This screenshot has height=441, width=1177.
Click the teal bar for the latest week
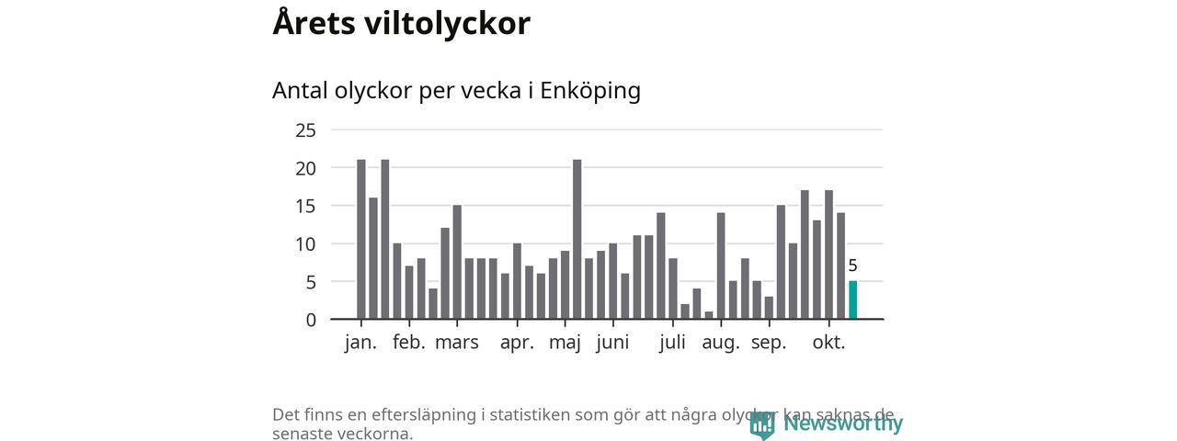tap(852, 300)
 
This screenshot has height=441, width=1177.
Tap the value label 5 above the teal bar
tap(852, 266)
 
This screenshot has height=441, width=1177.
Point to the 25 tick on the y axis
tap(305, 130)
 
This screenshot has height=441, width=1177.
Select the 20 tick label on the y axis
tap(305, 168)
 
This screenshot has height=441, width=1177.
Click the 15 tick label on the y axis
tap(305, 206)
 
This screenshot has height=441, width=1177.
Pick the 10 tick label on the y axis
tap(305, 244)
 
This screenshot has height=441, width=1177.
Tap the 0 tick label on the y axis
tap(311, 320)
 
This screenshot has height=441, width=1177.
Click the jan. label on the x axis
tap(360, 343)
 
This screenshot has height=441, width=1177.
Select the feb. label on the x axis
tap(409, 343)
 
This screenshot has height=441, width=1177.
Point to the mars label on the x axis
tap(457, 343)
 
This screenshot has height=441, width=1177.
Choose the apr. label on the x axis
tap(517, 343)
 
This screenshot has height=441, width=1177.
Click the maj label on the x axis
tap(566, 343)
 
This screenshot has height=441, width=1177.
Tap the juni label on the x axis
tap(612, 343)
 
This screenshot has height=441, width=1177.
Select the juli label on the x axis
tap(673, 343)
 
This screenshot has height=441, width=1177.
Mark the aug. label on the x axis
tap(721, 343)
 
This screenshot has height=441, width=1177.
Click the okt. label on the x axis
tap(828, 343)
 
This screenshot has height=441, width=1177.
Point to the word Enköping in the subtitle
tap(589, 91)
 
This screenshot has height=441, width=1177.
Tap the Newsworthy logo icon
tap(761, 424)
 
